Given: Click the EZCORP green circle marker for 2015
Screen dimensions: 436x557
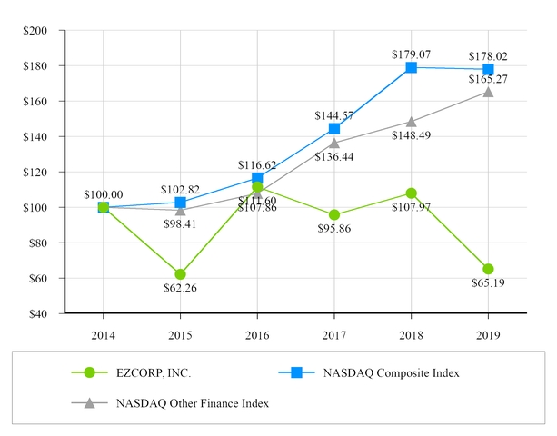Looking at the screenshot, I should point(180,274).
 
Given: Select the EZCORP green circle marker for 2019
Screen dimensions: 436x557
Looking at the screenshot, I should point(488,269).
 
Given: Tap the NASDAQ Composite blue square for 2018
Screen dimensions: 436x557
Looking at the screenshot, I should point(411,67).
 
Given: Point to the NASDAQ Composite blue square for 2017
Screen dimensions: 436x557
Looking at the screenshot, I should point(334,129).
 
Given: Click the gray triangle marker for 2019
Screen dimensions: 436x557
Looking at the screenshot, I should point(488,92).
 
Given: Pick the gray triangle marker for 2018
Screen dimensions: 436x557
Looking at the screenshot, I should point(411,122).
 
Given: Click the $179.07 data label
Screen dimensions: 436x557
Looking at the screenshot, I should point(411,53).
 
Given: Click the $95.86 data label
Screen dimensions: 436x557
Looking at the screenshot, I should point(334,230).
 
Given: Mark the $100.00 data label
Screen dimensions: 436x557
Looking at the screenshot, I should point(103,193).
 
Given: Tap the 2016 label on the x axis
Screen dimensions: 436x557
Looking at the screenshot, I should point(257,333).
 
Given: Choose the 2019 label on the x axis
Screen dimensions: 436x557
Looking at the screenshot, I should point(488,333).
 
